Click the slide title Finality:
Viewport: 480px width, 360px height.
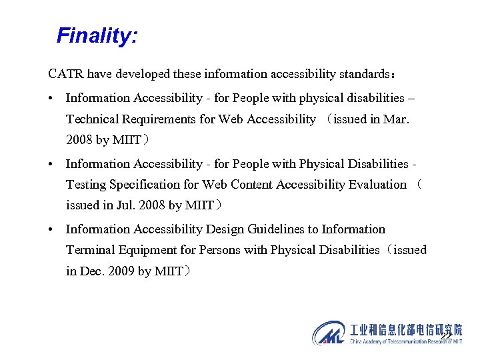click(x=97, y=35)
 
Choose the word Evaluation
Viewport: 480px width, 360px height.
click(x=377, y=184)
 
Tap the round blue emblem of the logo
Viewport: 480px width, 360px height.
click(x=329, y=333)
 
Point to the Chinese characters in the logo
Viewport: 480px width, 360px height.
click(x=405, y=329)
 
